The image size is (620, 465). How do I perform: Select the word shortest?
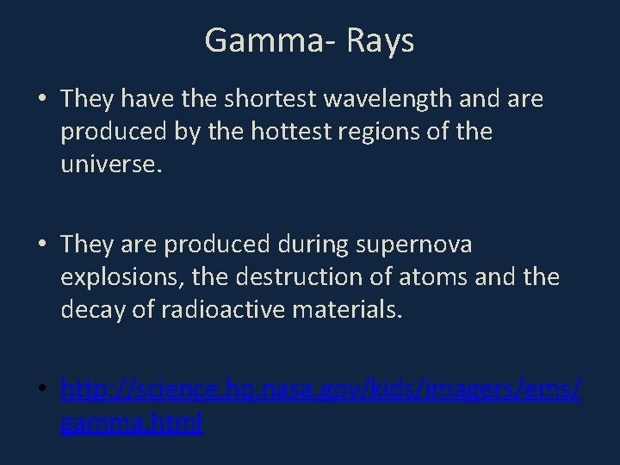[x=271, y=100]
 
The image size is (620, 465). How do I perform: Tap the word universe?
[x=110, y=164]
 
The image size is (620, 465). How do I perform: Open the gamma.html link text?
[x=132, y=423]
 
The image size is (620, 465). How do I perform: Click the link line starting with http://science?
[x=320, y=392]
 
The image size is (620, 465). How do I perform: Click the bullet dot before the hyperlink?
[x=41, y=393]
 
